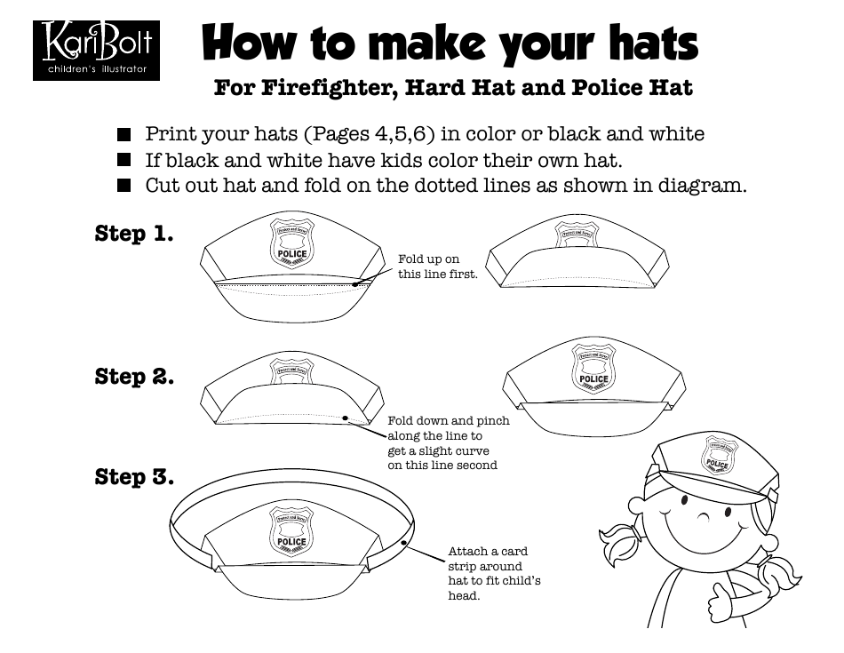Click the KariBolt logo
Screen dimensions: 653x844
pyautogui.click(x=96, y=50)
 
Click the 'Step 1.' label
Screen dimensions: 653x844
pyautogui.click(x=133, y=234)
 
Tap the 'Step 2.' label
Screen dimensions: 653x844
pyautogui.click(x=134, y=377)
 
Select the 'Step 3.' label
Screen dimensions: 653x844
pyautogui.click(x=134, y=477)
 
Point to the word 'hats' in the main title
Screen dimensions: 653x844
pyautogui.click(x=641, y=43)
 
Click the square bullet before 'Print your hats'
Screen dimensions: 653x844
pyautogui.click(x=124, y=135)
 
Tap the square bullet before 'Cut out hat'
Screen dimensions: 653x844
pyautogui.click(x=124, y=187)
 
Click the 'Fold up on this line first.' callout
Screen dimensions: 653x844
pyautogui.click(x=437, y=267)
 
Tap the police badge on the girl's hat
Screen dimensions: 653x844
pyautogui.click(x=717, y=456)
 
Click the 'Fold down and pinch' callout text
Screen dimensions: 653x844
pyautogui.click(x=449, y=421)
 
